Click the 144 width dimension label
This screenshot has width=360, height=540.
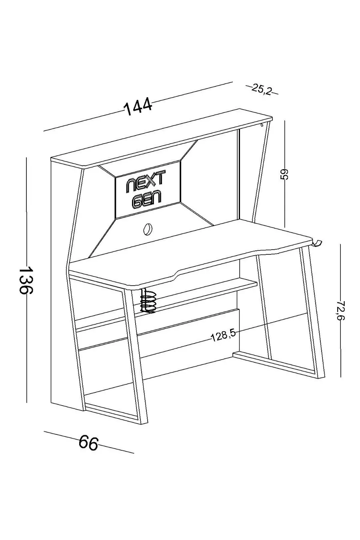138,106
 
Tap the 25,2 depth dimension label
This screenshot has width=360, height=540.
262,89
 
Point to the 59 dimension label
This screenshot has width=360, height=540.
284,174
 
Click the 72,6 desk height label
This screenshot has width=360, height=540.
341,310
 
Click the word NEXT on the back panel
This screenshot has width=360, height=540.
146,181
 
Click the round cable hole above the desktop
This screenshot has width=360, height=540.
147,229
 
